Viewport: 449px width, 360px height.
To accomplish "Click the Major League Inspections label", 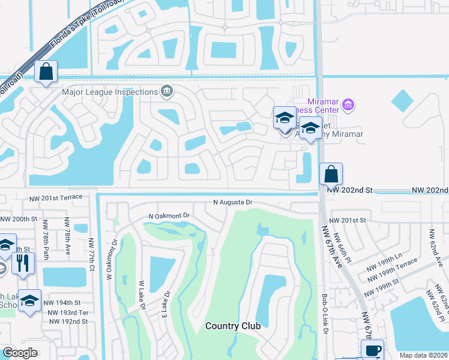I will (x=109, y=92).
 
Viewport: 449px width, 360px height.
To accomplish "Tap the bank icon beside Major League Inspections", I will (x=167, y=92).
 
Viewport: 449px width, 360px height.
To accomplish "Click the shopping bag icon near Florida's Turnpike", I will (x=46, y=73).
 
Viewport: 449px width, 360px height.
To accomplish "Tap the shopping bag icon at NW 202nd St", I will (x=331, y=175).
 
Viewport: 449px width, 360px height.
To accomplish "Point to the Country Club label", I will (x=233, y=326).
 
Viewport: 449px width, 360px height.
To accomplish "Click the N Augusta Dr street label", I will (x=232, y=203).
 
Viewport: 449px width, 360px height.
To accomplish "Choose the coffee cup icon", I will (x=372, y=350).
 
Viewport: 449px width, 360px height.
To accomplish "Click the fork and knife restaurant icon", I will (x=23, y=265).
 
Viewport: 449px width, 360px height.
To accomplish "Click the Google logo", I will (x=20, y=353).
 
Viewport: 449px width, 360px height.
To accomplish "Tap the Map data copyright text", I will (x=423, y=355).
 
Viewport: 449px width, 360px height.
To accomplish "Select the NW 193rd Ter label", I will (x=67, y=313).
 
